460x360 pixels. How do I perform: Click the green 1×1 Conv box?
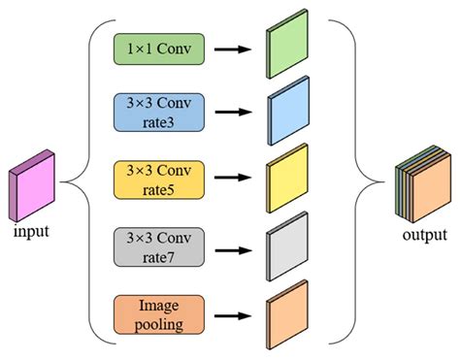tap(159, 50)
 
